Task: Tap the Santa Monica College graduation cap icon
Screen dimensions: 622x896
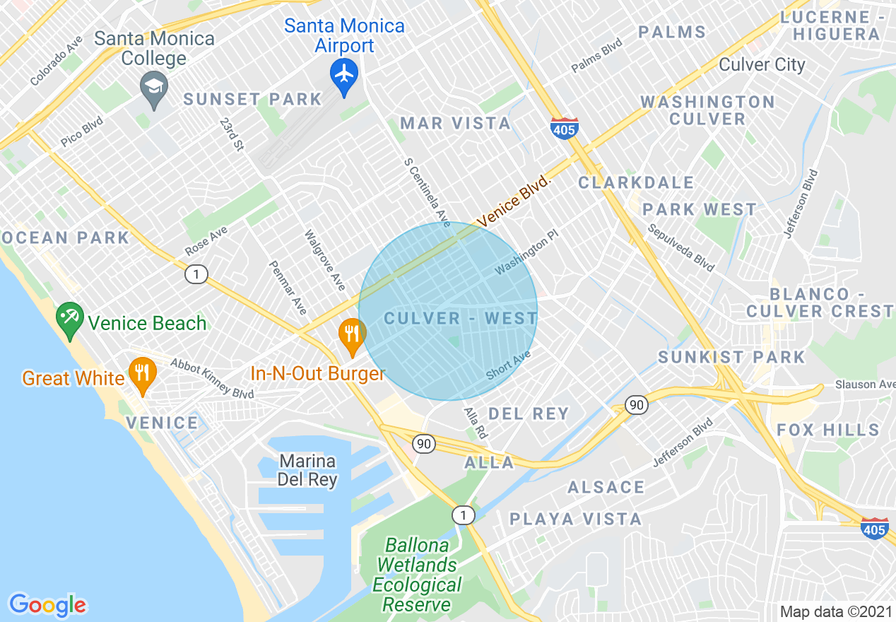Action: click(153, 90)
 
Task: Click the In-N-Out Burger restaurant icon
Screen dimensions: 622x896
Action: click(351, 336)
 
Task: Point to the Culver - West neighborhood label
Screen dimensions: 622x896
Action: click(461, 319)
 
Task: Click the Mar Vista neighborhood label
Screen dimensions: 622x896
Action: click(455, 124)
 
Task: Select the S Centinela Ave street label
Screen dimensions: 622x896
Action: click(427, 192)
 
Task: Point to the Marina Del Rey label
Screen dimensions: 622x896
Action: click(307, 470)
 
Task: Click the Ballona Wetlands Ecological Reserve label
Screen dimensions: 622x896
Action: click(417, 575)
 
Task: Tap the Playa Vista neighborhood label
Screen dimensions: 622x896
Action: click(576, 520)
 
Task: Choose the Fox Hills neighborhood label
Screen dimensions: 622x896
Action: click(828, 430)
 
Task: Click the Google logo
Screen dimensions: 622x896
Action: click(47, 605)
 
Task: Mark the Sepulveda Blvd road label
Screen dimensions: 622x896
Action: click(681, 248)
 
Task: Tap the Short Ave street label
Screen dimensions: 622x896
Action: click(508, 365)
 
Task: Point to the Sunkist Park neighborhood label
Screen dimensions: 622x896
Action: click(731, 357)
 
